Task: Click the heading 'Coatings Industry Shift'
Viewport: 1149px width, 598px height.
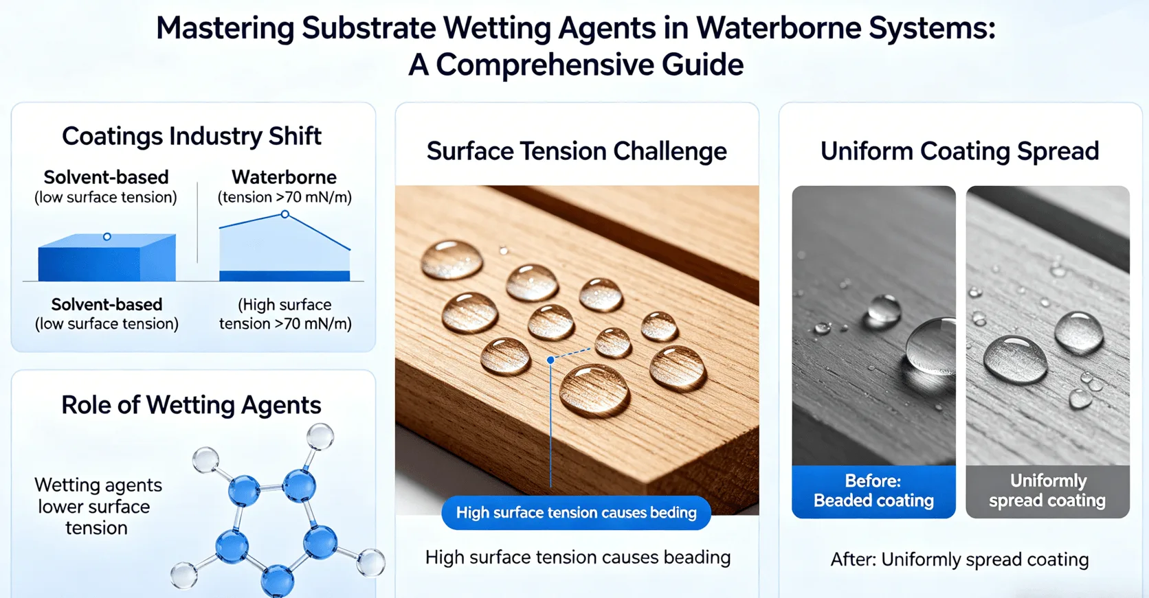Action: coord(192,136)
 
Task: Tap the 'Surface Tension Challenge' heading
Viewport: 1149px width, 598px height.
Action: coord(577,151)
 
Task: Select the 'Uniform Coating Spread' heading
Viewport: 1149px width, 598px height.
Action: coord(959,151)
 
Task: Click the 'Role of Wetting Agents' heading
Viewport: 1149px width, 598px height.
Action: coord(191,405)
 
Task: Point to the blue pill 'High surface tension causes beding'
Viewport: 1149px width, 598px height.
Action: coord(576,513)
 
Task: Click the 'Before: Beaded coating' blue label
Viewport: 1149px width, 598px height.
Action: coord(873,491)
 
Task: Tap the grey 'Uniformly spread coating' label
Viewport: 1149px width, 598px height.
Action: coord(1047,491)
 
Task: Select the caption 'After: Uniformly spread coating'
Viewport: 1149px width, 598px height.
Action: coord(959,560)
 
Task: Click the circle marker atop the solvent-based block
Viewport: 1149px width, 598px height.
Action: coord(107,237)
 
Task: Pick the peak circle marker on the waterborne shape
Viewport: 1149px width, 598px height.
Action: coord(285,215)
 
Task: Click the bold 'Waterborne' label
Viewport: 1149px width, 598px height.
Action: coord(284,177)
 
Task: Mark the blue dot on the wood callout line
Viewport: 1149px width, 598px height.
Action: coord(550,360)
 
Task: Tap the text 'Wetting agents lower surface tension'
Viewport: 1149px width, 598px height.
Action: coord(98,506)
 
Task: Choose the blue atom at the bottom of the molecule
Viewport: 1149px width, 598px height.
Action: coord(278,580)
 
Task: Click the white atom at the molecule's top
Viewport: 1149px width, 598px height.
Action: coord(320,436)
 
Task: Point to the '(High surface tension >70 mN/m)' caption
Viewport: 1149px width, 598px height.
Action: coord(285,314)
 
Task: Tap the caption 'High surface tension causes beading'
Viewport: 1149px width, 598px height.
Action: coord(577,557)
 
